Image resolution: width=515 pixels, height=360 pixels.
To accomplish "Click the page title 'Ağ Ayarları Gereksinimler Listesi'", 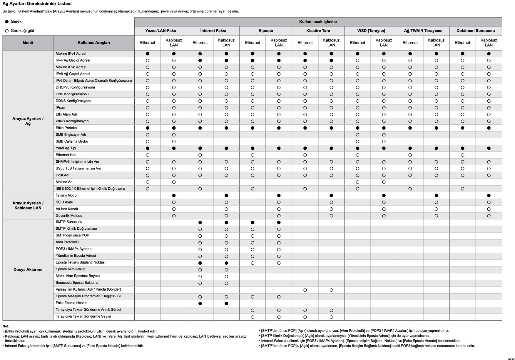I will click(x=37, y=4).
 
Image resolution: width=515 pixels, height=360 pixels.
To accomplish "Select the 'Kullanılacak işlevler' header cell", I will click(x=318, y=22).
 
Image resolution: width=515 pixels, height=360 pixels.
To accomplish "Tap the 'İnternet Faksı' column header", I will click(x=213, y=31).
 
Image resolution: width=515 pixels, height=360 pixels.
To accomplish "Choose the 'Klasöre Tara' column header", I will click(x=318, y=31).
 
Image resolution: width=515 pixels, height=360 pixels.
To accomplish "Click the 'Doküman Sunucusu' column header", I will click(x=475, y=31).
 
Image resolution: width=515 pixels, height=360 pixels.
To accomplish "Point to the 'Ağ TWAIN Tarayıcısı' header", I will click(x=423, y=31).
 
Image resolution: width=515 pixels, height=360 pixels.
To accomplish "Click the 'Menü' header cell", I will click(x=28, y=43).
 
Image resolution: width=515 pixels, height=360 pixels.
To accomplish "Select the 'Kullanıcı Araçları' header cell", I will click(x=94, y=43).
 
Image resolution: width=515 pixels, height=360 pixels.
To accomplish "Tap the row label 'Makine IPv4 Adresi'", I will click(x=71, y=54).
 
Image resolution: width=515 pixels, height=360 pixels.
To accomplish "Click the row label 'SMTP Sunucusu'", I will click(x=69, y=222).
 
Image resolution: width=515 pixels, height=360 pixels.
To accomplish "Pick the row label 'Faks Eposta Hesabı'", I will click(x=71, y=303).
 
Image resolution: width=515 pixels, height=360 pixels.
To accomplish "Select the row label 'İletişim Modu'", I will click(x=66, y=195).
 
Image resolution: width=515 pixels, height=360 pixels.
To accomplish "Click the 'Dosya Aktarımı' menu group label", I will click(x=28, y=269).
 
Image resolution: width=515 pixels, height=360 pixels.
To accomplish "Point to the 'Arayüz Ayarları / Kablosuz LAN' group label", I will click(x=28, y=205).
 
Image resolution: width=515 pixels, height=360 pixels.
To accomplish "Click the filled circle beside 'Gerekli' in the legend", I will click(x=7, y=21).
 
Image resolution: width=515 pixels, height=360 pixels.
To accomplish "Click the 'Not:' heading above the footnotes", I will click(x=6, y=326).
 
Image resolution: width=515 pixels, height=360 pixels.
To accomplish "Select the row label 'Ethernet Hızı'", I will click(x=66, y=155).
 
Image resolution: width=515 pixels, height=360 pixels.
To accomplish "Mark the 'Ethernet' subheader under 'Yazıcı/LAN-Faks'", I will click(x=148, y=43).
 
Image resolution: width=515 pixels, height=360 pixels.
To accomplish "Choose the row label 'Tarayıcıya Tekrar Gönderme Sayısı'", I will click(x=83, y=316).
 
